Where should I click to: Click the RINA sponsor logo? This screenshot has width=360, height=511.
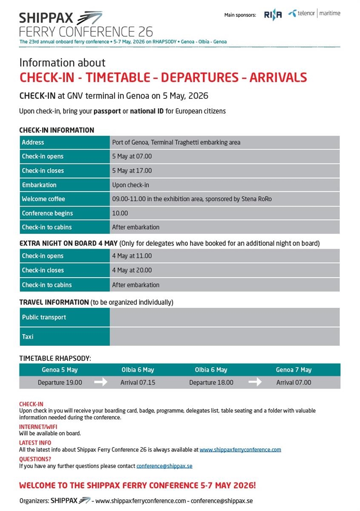[x=273, y=15]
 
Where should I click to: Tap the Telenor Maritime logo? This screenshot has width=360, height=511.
[x=314, y=14]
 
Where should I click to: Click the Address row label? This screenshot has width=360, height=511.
[x=33, y=143]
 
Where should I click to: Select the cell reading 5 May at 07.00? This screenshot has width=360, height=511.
[x=132, y=157]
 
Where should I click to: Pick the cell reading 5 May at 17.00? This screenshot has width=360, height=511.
[x=132, y=171]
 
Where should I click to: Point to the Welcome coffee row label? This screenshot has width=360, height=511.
[x=43, y=199]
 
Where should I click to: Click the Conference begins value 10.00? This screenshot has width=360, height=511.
[x=120, y=213]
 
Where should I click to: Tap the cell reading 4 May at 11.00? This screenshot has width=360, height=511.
[x=132, y=256]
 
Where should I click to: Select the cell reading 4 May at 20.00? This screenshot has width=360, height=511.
[x=132, y=270]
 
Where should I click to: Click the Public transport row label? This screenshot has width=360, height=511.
[x=44, y=317]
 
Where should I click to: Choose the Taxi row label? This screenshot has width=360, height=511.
[x=28, y=337]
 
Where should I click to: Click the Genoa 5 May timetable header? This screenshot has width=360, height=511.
[x=60, y=370]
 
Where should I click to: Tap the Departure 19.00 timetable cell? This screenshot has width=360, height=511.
[x=60, y=382]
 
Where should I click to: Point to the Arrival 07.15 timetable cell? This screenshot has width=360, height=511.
[x=138, y=382]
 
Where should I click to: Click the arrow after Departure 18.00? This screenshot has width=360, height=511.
[x=255, y=382]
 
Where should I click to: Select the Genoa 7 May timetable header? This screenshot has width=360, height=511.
[x=294, y=370]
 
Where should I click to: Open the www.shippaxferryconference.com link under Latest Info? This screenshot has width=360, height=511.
[x=240, y=450]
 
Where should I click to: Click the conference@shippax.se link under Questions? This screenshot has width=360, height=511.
[x=164, y=466]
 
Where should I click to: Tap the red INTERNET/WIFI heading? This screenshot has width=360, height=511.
[x=38, y=427]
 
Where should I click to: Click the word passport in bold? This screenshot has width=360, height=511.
[x=107, y=111]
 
